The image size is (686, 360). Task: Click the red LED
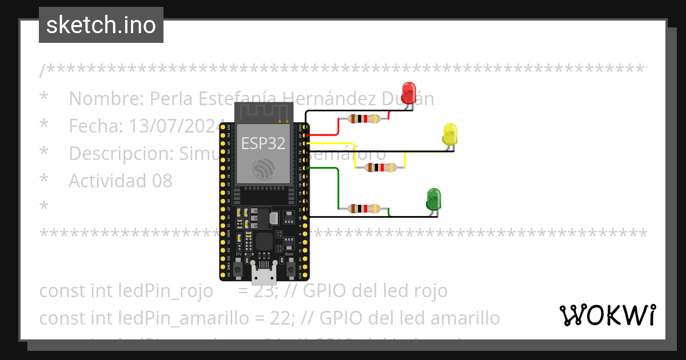tap(409, 93)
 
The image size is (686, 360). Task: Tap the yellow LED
tap(450, 134)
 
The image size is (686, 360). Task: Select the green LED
tap(433, 199)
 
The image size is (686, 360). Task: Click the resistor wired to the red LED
tap(364, 119)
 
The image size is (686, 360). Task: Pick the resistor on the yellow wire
tap(381, 167)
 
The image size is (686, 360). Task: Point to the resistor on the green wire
tap(364, 209)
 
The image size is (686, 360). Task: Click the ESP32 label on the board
tap(263, 143)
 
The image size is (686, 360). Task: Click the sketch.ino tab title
tap(101, 25)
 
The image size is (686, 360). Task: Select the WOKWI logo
tap(607, 315)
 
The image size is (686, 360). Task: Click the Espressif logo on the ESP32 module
tap(263, 167)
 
